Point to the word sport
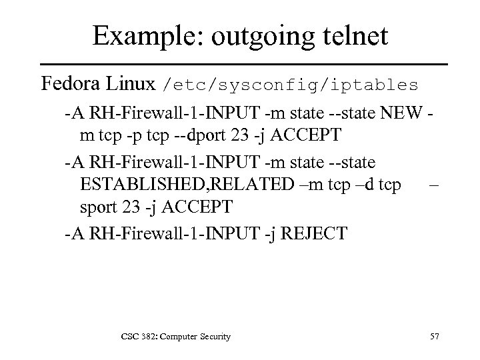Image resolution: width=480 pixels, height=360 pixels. (97, 207)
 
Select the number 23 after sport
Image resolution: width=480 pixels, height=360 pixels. (129, 207)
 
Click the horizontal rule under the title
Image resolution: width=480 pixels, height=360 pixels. (240, 64)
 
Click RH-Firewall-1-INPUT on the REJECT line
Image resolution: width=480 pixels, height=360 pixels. (177, 233)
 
